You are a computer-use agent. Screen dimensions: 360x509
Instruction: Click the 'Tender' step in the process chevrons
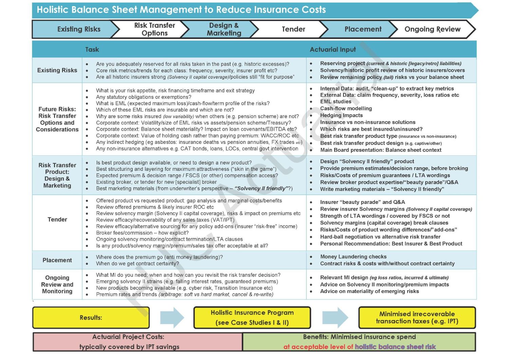pos(293,29)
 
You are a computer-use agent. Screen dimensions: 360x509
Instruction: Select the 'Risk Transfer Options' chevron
pos(154,29)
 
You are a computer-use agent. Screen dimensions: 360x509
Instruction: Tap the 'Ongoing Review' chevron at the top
pos(432,29)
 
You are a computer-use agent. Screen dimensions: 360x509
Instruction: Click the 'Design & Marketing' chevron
pos(224,29)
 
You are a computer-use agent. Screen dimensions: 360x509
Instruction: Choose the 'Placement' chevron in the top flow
pos(363,29)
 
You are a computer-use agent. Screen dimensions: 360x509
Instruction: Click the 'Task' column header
pos(92,50)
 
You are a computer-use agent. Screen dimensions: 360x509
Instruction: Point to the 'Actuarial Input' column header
pos(333,50)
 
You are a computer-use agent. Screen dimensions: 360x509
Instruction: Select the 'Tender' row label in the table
pos(57,220)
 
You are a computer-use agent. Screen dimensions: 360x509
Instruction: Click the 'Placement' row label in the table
pos(57,260)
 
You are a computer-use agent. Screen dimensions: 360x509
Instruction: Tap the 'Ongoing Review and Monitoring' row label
pos(57,284)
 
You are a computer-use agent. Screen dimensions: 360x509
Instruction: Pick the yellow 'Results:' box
pos(91,318)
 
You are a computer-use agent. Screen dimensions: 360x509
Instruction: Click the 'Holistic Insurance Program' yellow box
pos(252,318)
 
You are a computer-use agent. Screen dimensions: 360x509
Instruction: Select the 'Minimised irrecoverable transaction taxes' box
pos(417,318)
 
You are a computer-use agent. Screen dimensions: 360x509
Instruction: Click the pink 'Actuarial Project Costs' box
pos(138,342)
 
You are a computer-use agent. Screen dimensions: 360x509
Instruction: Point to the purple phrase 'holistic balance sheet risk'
pos(395,347)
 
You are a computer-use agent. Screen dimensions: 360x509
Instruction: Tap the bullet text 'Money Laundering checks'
pos(353,257)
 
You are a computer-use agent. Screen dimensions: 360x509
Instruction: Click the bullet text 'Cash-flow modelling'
pos(346,108)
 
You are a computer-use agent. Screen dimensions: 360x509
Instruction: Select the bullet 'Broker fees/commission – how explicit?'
pos(142,233)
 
